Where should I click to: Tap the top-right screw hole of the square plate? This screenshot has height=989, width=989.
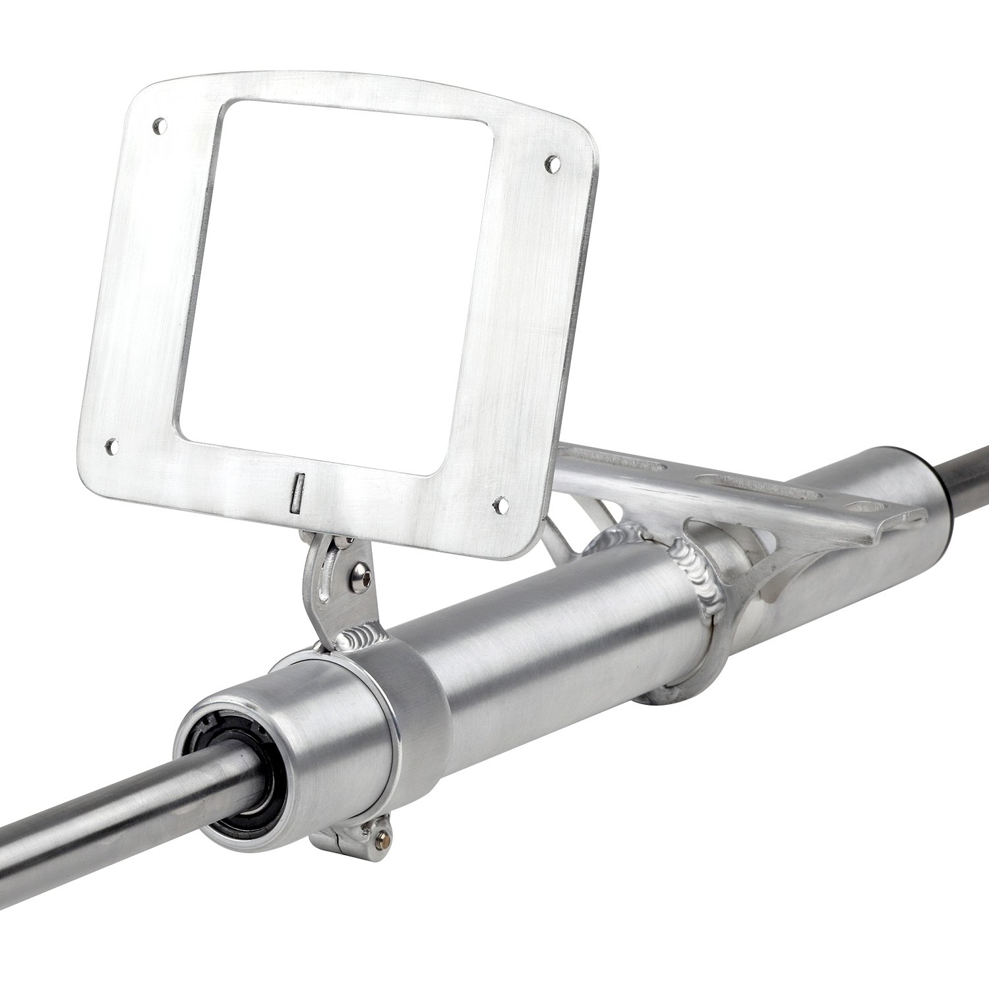[553, 160]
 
